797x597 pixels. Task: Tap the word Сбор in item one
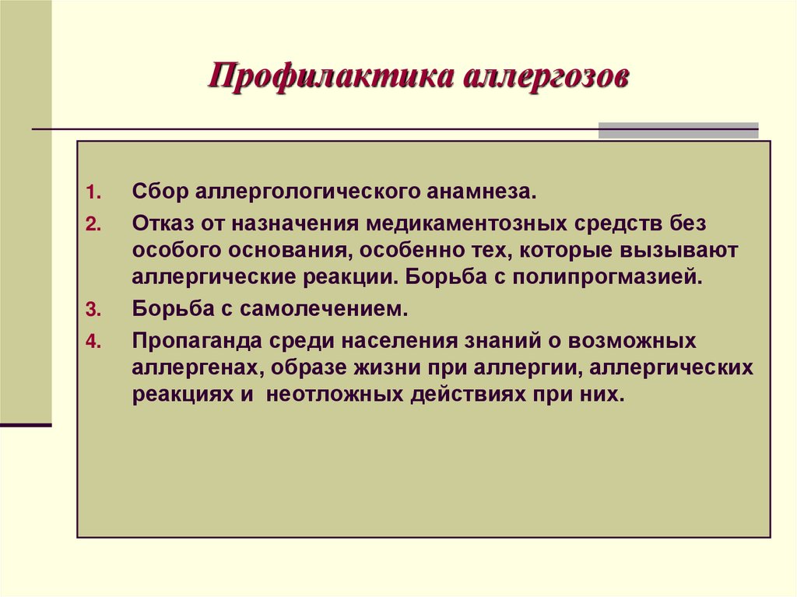(x=158, y=191)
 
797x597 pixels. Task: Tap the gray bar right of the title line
(x=678, y=130)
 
